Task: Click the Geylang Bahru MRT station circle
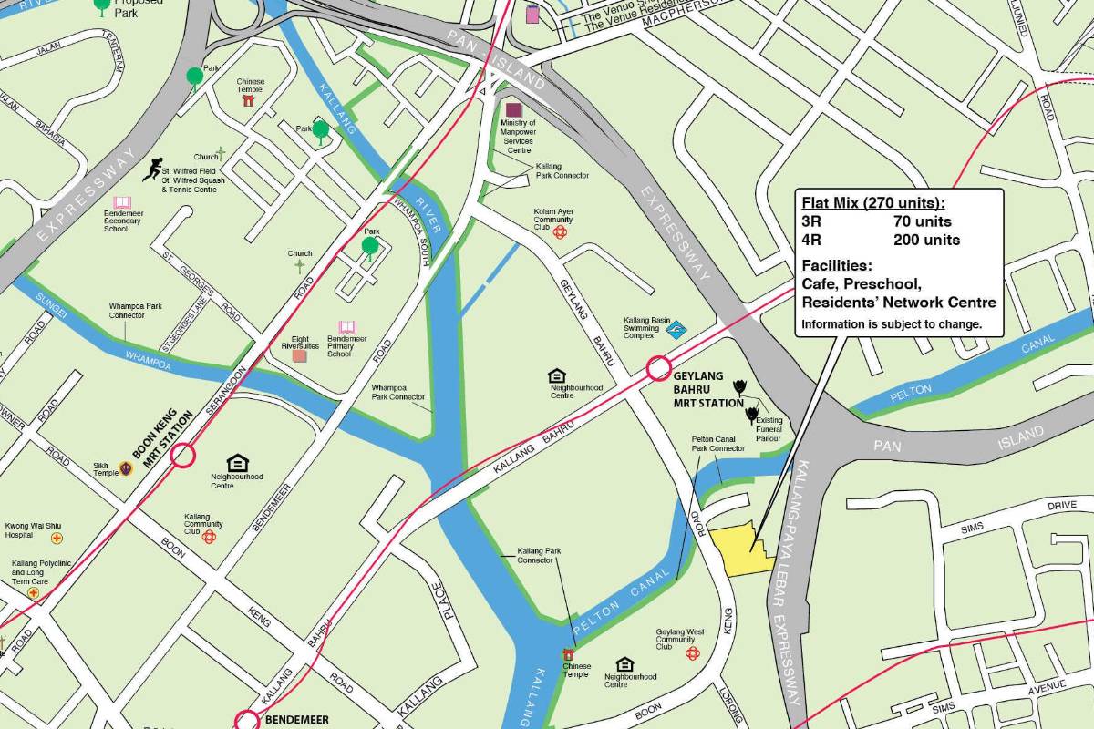tap(659, 369)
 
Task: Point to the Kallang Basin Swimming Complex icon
tap(676, 331)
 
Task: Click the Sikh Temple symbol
tap(126, 468)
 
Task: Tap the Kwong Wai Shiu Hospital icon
tap(57, 539)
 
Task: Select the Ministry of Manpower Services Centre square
tap(514, 110)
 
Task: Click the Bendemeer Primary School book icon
tap(347, 327)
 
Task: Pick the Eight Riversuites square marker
tap(300, 355)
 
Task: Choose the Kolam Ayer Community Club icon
tap(560, 232)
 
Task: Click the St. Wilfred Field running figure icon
tap(151, 169)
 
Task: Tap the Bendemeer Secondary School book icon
tap(122, 202)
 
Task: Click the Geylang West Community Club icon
tap(692, 653)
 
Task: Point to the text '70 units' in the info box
tap(922, 221)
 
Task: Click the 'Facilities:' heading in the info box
tap(836, 266)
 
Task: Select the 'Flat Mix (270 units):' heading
tap(872, 202)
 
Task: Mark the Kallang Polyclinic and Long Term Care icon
tap(34, 592)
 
